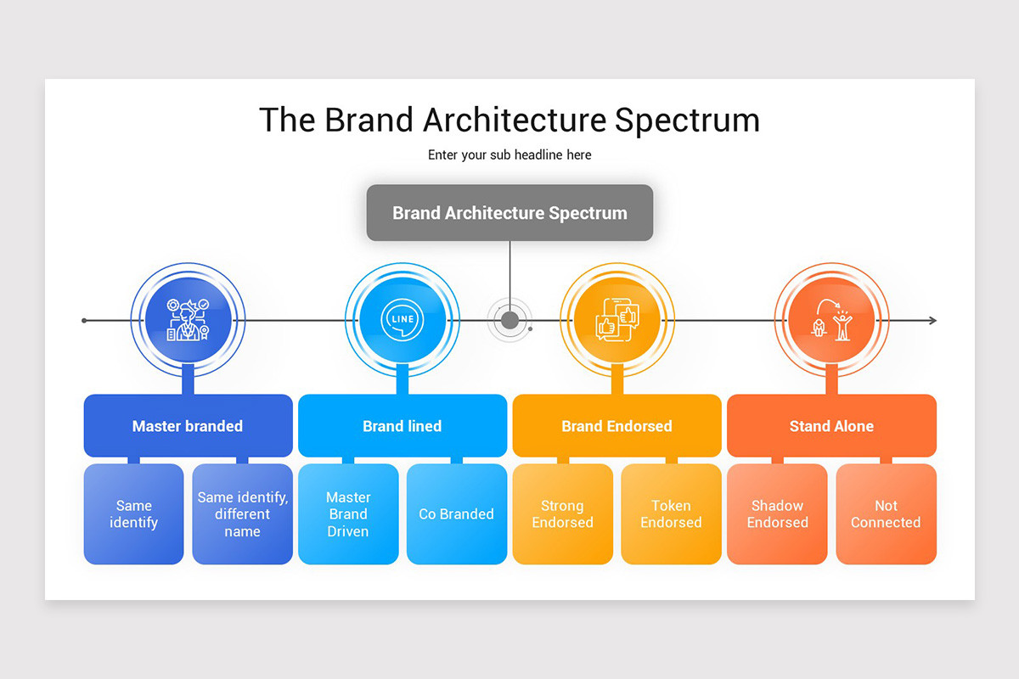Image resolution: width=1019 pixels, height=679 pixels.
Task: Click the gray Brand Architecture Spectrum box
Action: coord(509,212)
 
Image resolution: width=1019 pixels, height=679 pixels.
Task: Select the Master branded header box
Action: coord(188,426)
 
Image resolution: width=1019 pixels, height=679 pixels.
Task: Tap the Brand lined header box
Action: coord(403,426)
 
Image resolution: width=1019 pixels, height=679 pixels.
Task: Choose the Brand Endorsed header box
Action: coord(616,426)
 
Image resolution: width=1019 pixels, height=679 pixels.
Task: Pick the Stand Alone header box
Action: coord(831,426)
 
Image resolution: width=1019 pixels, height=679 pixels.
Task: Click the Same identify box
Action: coord(133,514)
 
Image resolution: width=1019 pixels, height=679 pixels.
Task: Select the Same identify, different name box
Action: coord(242,514)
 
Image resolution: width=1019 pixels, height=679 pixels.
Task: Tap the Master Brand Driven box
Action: coord(348,514)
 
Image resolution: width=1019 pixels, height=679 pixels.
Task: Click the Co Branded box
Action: coord(457,514)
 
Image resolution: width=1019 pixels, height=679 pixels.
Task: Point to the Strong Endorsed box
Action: coord(562,514)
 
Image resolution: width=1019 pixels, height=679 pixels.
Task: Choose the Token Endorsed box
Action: coord(671,514)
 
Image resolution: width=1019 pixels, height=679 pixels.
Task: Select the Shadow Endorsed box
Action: coord(777,514)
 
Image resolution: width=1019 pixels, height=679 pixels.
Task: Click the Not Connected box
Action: coord(886,514)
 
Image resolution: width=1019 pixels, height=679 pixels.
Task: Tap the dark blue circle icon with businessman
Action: coord(188,320)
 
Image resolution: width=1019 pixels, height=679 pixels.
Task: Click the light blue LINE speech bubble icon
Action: coord(403,320)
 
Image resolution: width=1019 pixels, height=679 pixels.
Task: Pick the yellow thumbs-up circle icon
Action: coord(616,320)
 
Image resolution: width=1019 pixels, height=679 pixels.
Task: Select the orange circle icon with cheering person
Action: coord(831,320)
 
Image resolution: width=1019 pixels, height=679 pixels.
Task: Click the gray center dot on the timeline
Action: coord(509,320)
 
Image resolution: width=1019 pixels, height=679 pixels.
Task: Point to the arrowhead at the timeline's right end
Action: coord(932,320)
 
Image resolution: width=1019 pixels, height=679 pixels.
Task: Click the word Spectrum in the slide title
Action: coord(687,121)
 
